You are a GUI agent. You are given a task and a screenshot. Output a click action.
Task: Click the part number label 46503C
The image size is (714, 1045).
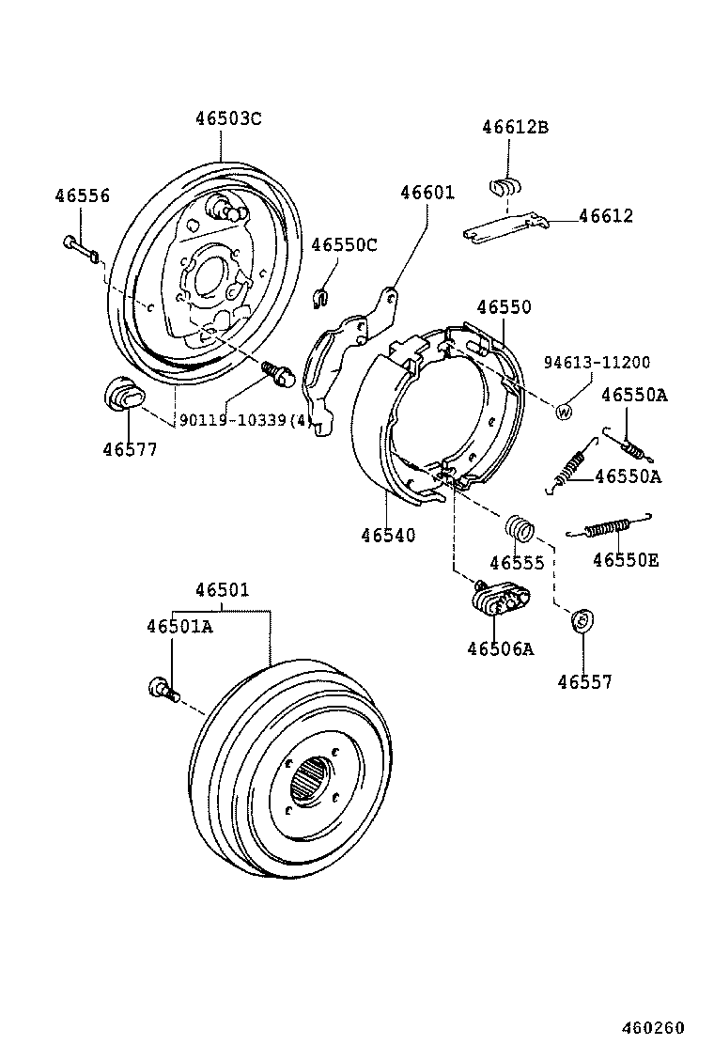[227, 119]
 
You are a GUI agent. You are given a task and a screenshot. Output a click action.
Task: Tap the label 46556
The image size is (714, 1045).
[82, 196]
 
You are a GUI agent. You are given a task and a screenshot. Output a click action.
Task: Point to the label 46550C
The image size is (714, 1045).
[344, 245]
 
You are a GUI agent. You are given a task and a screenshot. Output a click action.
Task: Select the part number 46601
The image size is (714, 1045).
[427, 193]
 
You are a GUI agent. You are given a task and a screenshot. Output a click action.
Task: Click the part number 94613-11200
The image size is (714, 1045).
[597, 363]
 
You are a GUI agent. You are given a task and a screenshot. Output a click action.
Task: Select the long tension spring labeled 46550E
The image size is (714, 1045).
[609, 528]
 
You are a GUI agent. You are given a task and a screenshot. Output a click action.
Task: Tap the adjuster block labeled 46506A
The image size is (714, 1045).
[499, 599]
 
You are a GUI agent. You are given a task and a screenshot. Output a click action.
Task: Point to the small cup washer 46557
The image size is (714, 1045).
[582, 620]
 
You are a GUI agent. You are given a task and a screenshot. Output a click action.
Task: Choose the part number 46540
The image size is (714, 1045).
[387, 535]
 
